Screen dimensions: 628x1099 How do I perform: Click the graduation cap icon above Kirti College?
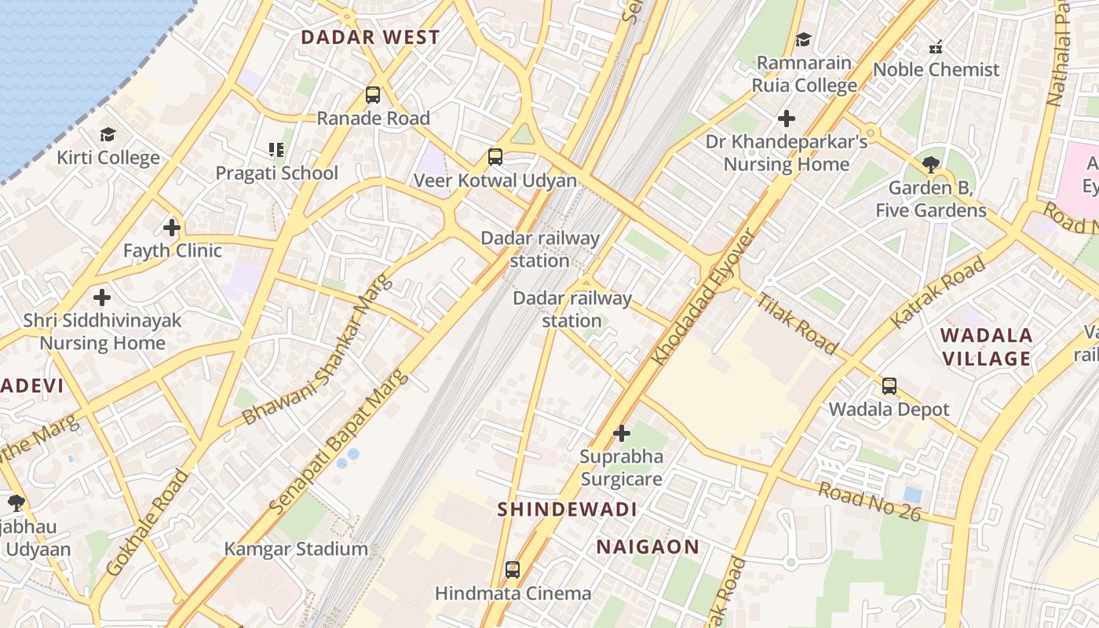(x=108, y=135)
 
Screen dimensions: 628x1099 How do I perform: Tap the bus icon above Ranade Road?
(x=373, y=95)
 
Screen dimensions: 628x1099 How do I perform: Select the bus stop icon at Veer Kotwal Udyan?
(x=495, y=157)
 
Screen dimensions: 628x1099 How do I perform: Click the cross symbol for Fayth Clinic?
(x=172, y=228)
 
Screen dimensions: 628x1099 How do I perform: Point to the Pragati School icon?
(x=276, y=149)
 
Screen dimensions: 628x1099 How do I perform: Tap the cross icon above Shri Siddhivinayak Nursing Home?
(x=102, y=298)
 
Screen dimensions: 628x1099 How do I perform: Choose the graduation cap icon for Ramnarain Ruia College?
(x=803, y=39)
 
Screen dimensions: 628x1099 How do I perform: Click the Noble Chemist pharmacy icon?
(x=935, y=47)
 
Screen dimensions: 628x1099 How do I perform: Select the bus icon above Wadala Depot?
(x=889, y=386)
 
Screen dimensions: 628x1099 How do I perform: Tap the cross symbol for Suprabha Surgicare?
(x=621, y=433)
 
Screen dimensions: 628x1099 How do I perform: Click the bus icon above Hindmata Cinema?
(x=513, y=570)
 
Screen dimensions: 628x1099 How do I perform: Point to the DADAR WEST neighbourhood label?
(x=371, y=37)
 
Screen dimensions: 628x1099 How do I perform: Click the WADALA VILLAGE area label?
(x=986, y=347)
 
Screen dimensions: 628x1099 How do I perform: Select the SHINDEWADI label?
(x=567, y=509)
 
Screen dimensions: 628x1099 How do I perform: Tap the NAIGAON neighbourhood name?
(x=648, y=546)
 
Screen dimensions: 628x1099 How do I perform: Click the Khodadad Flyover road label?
(x=706, y=297)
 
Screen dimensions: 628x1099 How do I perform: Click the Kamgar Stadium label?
(x=296, y=549)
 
